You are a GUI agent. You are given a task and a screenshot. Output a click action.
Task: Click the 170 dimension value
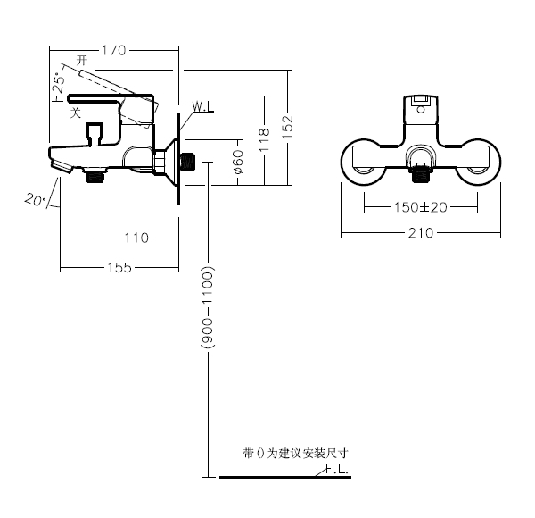[x=112, y=50]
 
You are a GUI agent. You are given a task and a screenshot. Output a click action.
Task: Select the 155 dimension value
[x=119, y=266]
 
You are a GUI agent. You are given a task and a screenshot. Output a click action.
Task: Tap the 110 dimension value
[x=136, y=237]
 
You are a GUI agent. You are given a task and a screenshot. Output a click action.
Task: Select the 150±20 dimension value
[x=421, y=207]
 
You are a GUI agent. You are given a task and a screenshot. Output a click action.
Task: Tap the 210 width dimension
[x=421, y=233]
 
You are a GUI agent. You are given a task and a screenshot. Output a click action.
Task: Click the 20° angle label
[x=36, y=200]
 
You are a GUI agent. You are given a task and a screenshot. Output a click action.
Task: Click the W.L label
[x=202, y=107]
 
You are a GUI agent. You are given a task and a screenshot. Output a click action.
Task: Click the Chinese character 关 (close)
[x=76, y=113]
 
